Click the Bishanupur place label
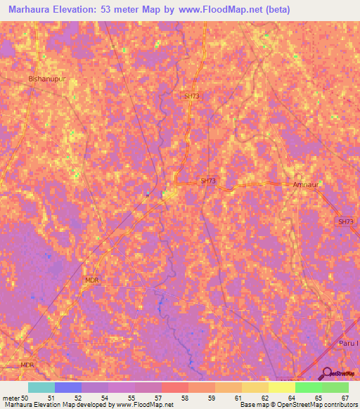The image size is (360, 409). (x=47, y=79)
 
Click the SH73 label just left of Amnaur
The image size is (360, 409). (x=208, y=181)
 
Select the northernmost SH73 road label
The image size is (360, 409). (x=192, y=96)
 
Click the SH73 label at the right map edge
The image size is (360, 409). (x=346, y=221)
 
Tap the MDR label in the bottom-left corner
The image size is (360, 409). (x=27, y=365)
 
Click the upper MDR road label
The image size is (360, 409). (x=92, y=280)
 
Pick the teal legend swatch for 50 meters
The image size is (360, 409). (x=41, y=387)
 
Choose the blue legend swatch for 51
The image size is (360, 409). (x=68, y=387)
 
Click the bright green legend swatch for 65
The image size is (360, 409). (x=308, y=387)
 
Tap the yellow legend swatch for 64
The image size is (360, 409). (x=281, y=387)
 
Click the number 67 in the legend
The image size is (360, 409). (x=345, y=398)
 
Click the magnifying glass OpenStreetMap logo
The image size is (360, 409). (x=326, y=374)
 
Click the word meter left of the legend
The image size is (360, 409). (x=11, y=398)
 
